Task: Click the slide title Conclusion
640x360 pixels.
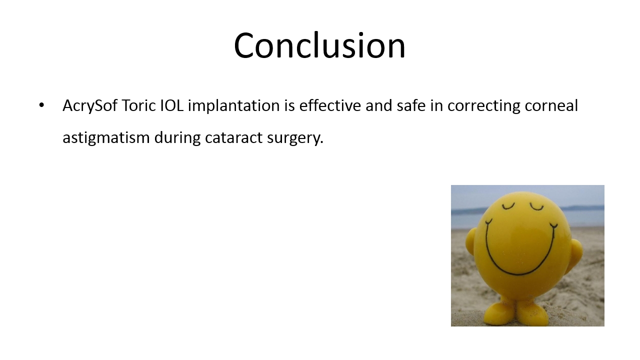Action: click(x=319, y=45)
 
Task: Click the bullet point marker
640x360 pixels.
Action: click(x=41, y=105)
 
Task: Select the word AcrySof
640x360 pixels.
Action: click(x=89, y=106)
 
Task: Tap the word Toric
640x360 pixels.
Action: click(x=139, y=105)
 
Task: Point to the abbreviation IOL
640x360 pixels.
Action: click(x=171, y=105)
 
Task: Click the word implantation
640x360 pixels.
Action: click(x=233, y=106)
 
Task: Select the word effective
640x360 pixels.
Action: click(x=330, y=105)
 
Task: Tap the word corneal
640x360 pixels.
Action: click(x=551, y=105)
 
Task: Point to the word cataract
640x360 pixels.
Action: click(x=233, y=137)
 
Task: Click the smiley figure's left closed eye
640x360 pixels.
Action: click(x=508, y=205)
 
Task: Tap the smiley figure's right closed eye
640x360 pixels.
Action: click(x=536, y=207)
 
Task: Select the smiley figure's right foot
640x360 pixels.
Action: click(x=532, y=313)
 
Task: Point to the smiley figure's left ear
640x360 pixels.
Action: click(x=471, y=241)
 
